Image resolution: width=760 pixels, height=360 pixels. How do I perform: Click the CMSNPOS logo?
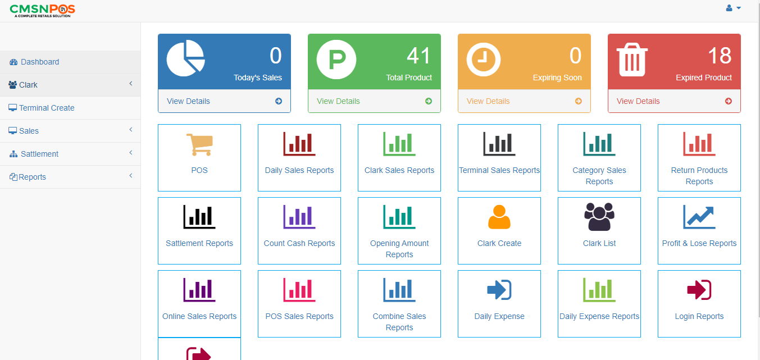42,10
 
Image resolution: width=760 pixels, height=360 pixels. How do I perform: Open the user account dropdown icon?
732,8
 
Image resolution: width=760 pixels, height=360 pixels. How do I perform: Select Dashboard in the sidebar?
39,62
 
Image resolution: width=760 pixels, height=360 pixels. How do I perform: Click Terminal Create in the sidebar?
47,108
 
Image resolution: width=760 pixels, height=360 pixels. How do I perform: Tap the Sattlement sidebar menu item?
39,154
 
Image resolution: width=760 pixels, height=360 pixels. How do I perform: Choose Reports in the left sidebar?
32,177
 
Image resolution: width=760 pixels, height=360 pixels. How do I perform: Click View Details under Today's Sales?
188,101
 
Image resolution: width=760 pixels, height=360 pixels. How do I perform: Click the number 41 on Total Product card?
418,56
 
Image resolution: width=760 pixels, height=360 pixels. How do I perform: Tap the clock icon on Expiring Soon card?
483,58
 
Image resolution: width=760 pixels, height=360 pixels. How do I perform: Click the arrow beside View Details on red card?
729,101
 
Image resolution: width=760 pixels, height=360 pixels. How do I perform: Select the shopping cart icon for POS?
199,144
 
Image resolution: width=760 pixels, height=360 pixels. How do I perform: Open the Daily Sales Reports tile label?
299,170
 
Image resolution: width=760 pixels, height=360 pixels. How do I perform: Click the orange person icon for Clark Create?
499,217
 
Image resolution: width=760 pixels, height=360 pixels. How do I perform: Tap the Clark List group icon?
599,217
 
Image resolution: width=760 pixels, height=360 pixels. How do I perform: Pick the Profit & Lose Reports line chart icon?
699,217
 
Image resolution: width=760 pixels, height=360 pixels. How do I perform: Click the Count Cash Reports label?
299,243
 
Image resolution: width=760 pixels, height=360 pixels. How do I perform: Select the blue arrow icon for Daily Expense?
499,290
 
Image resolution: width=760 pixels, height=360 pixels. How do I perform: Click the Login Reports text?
699,316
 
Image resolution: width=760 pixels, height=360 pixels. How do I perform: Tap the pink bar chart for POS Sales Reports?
299,290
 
